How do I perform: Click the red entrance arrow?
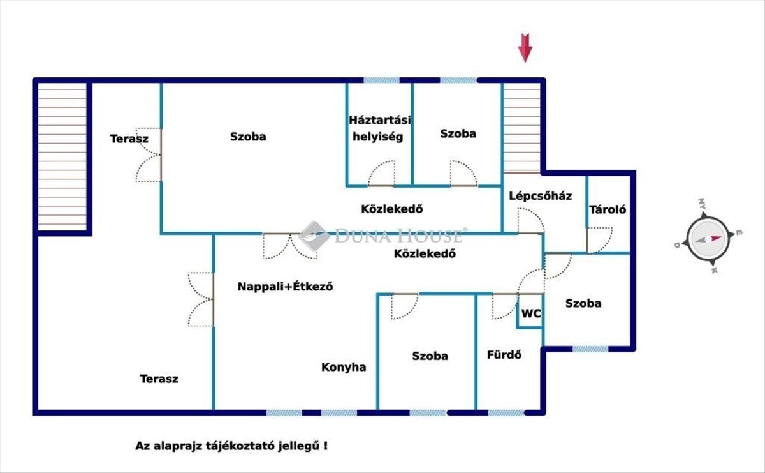pos(525,48)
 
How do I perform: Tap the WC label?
pos(531,313)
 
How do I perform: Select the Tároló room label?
pos(608,209)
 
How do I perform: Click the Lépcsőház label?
pos(541,195)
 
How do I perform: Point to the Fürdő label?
pos(504,355)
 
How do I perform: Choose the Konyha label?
pos(344,367)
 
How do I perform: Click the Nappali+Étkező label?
pos(285,286)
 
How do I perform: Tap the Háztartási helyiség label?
pos(379,128)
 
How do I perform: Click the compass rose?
pos(708,237)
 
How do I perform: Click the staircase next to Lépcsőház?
pos(522,128)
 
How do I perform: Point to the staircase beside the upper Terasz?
pos(62,157)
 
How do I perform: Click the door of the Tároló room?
pos(599,240)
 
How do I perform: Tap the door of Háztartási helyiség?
pos(381,174)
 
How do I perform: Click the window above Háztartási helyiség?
pos(381,80)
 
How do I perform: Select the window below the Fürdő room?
pos(506,413)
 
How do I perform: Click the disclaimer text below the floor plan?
pos(231,446)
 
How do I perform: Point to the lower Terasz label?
pos(159,379)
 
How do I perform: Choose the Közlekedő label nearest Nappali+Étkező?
pos(425,253)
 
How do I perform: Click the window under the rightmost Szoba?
pos(590,349)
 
